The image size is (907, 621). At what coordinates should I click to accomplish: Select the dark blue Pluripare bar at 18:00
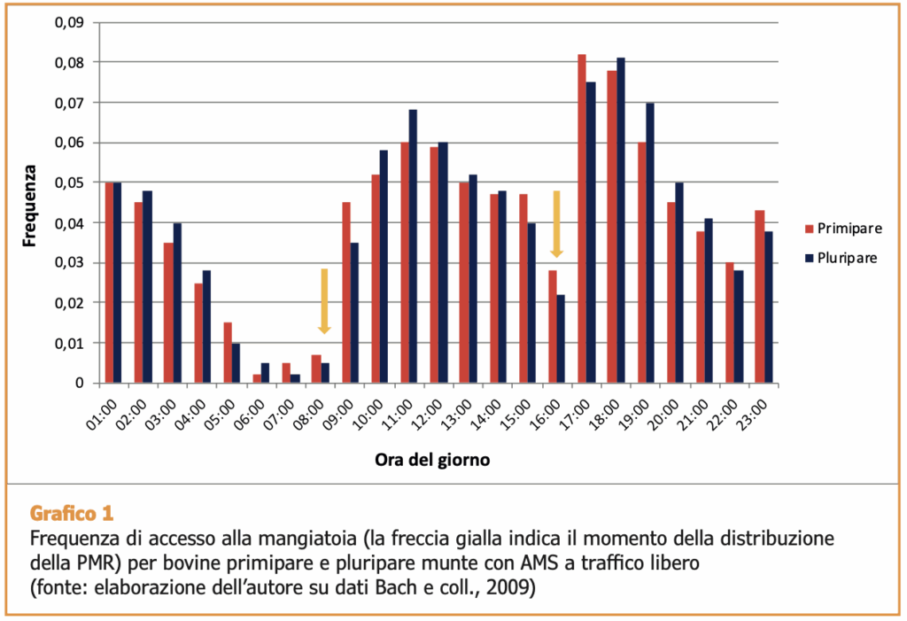tap(621, 221)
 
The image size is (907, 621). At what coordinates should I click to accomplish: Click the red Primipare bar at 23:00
tap(759, 296)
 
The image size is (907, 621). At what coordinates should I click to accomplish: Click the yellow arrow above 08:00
tap(324, 301)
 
